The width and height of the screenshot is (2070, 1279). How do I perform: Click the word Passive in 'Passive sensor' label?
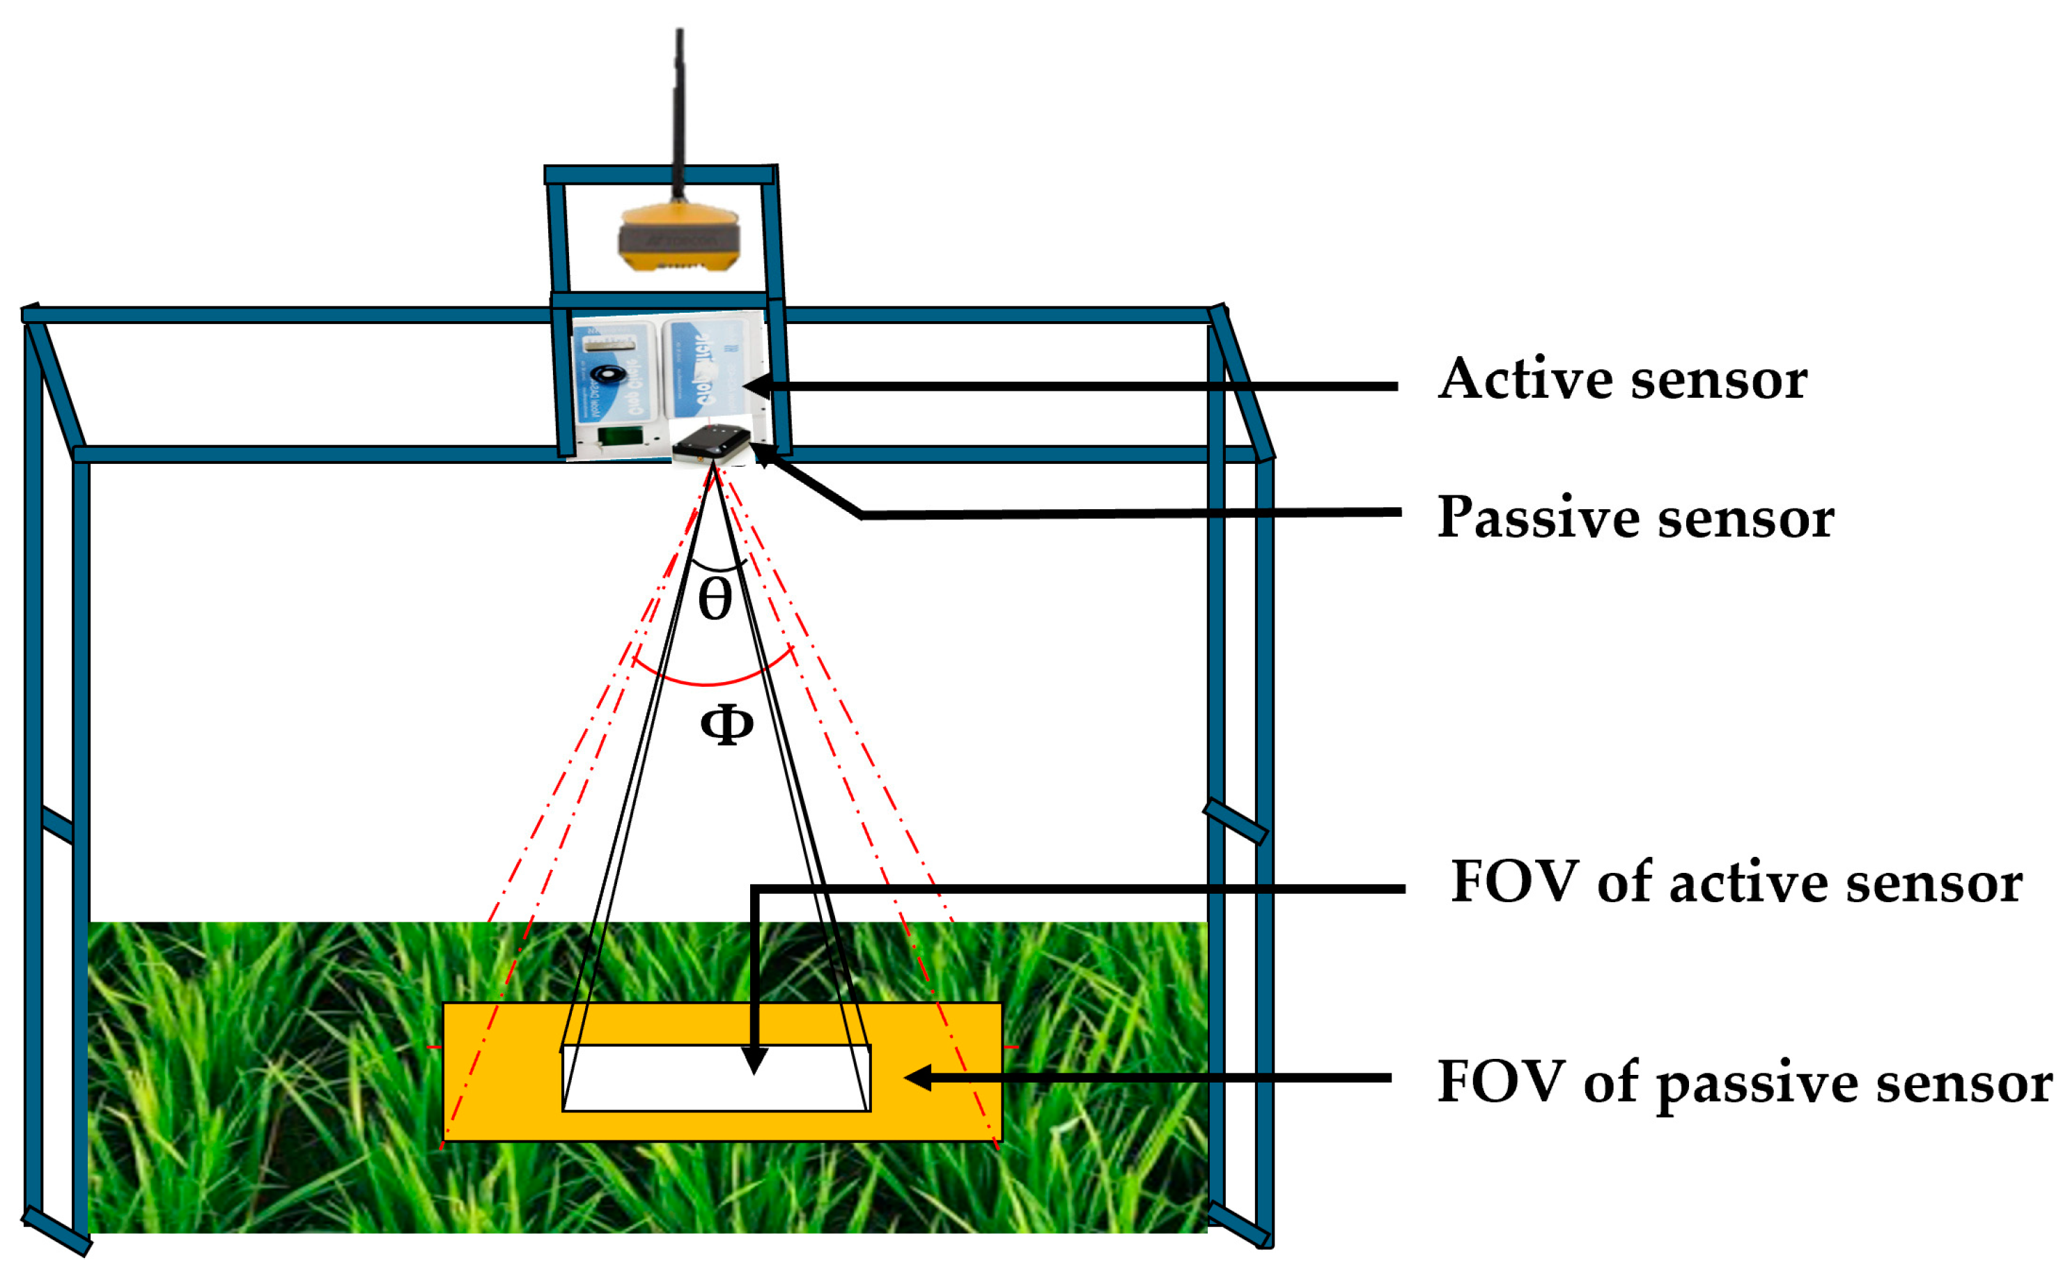1537,518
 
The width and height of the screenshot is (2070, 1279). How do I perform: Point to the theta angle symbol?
715,600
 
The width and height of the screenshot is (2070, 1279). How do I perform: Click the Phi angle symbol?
726,725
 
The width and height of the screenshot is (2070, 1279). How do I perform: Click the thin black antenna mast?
679,110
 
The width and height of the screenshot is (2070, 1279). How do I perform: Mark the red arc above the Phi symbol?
710,682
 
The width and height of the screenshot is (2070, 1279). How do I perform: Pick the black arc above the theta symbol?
718,568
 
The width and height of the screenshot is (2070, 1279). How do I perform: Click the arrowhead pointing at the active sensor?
755,387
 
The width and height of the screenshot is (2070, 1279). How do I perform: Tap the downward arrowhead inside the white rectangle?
754,1062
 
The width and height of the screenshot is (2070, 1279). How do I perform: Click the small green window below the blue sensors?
618,437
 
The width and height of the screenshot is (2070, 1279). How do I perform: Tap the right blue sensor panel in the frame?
710,368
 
